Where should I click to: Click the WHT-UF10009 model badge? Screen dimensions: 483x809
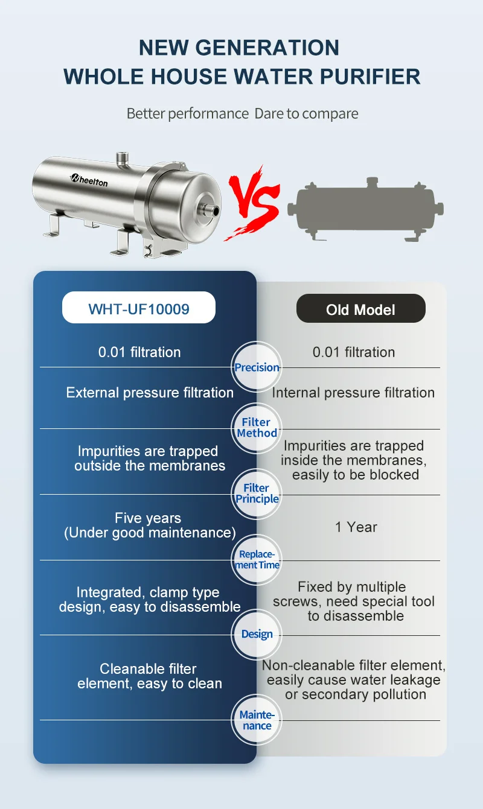[139, 309]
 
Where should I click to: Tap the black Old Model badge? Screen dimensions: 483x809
[360, 309]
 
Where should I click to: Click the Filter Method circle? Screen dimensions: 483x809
[257, 428]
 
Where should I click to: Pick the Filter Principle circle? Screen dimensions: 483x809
[257, 493]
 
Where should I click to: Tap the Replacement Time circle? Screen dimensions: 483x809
[257, 559]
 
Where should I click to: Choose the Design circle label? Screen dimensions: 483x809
[257, 634]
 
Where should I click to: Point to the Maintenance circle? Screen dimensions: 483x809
[257, 720]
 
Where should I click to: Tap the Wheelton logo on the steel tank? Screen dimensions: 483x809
[88, 179]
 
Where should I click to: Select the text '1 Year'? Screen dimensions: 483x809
[356, 527]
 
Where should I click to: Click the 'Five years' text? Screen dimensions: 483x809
[148, 518]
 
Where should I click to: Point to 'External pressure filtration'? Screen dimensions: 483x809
[150, 393]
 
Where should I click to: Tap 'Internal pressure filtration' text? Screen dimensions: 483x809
[353, 393]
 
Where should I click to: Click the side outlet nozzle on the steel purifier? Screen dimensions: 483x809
[211, 211]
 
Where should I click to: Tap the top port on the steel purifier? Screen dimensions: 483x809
[124, 159]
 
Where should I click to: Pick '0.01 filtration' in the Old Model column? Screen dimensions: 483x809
[354, 352]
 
